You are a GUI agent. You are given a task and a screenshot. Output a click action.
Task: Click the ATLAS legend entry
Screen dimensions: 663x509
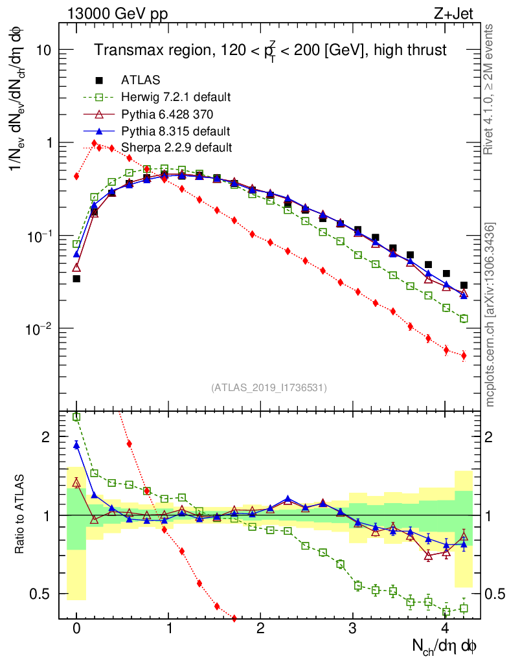click(140, 80)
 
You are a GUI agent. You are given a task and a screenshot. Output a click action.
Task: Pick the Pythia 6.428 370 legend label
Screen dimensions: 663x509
click(167, 114)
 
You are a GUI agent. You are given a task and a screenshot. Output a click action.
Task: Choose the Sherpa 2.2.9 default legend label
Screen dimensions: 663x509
click(176, 148)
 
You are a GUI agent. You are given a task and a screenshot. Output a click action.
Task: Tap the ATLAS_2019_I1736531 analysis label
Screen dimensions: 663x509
click(269, 388)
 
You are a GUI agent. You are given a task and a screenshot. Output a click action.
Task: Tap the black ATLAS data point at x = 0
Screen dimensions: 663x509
click(76, 278)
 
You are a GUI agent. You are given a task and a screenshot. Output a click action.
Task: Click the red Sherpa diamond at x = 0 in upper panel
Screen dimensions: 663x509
click(76, 176)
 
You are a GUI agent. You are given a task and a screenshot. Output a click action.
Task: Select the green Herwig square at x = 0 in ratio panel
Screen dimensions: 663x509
click(76, 417)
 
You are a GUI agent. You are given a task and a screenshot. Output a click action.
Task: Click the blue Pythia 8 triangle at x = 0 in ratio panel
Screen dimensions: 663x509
click(76, 445)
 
